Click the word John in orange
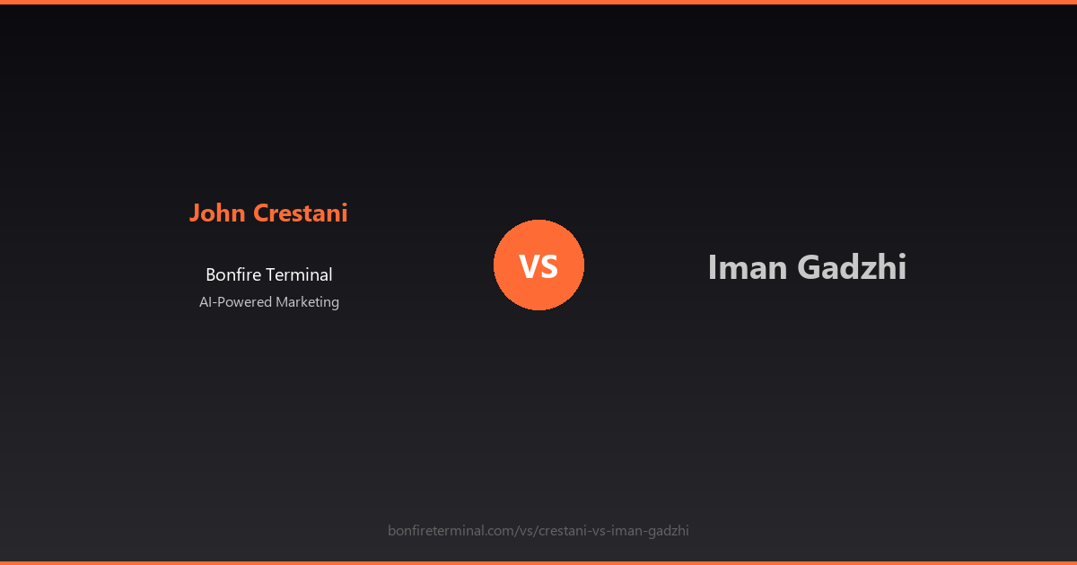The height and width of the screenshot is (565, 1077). pos(217,213)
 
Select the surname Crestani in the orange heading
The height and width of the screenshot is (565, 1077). pos(300,213)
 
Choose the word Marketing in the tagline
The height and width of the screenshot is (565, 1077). pos(307,302)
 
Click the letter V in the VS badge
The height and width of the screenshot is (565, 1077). pos(529,266)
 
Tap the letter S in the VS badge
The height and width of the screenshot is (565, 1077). pos(549,266)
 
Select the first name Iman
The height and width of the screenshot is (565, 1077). pos(745,267)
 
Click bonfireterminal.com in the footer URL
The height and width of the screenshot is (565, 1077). pos(451,531)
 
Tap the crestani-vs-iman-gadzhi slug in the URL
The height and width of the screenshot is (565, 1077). pos(614,531)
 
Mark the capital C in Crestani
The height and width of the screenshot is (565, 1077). pos(260,213)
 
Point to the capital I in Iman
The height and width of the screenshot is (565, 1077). pos(712,267)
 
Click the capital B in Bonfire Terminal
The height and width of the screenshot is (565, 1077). pos(211,275)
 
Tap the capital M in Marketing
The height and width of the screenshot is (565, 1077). pos(282,302)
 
